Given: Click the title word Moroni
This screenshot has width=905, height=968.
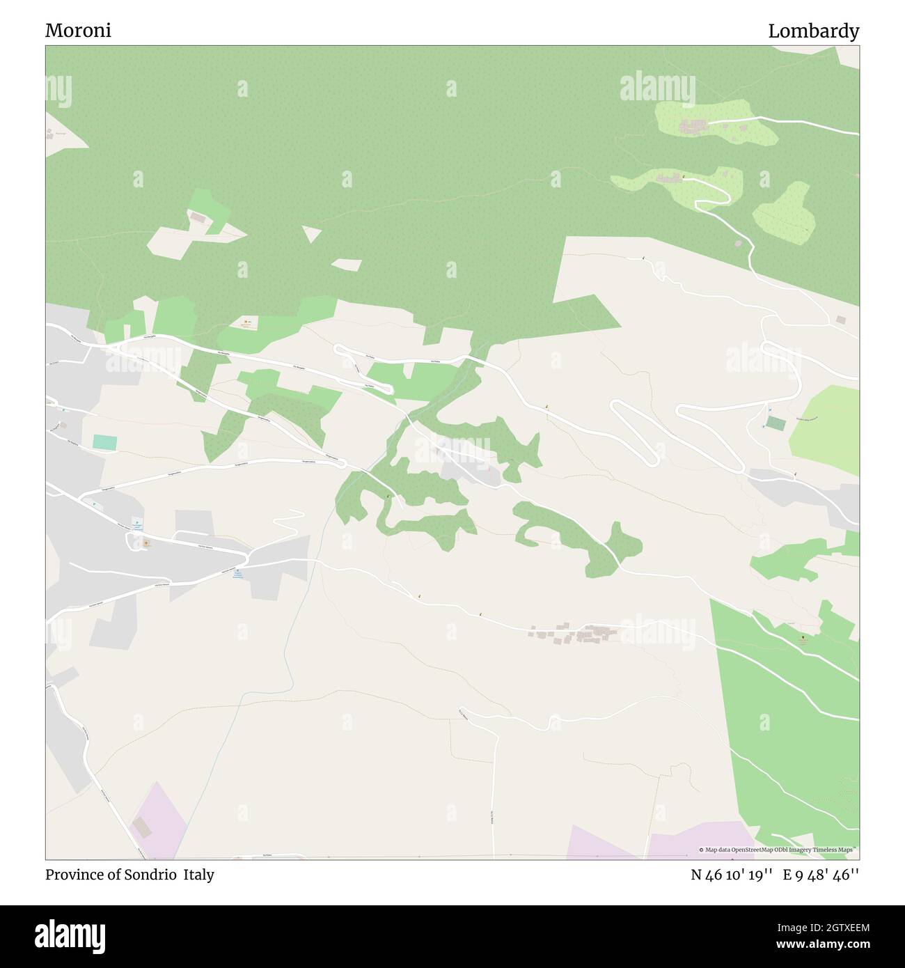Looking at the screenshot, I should (x=78, y=31).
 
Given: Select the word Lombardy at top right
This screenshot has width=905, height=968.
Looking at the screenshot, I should (x=813, y=31).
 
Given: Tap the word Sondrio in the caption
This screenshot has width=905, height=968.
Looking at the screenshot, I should (x=152, y=875).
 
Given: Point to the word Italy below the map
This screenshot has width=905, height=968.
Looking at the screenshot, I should (x=199, y=875).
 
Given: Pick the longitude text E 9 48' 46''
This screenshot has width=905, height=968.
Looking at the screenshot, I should (x=821, y=875).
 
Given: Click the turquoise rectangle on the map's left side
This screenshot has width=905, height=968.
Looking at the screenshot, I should (x=104, y=442).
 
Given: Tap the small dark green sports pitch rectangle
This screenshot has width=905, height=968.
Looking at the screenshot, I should (x=775, y=422).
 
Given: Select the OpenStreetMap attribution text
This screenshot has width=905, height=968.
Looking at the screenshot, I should (x=778, y=850).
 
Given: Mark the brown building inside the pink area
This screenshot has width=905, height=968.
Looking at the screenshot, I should (x=141, y=827).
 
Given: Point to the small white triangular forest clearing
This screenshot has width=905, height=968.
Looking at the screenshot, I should (x=311, y=233).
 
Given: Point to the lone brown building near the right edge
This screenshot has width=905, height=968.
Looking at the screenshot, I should (x=841, y=320).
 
